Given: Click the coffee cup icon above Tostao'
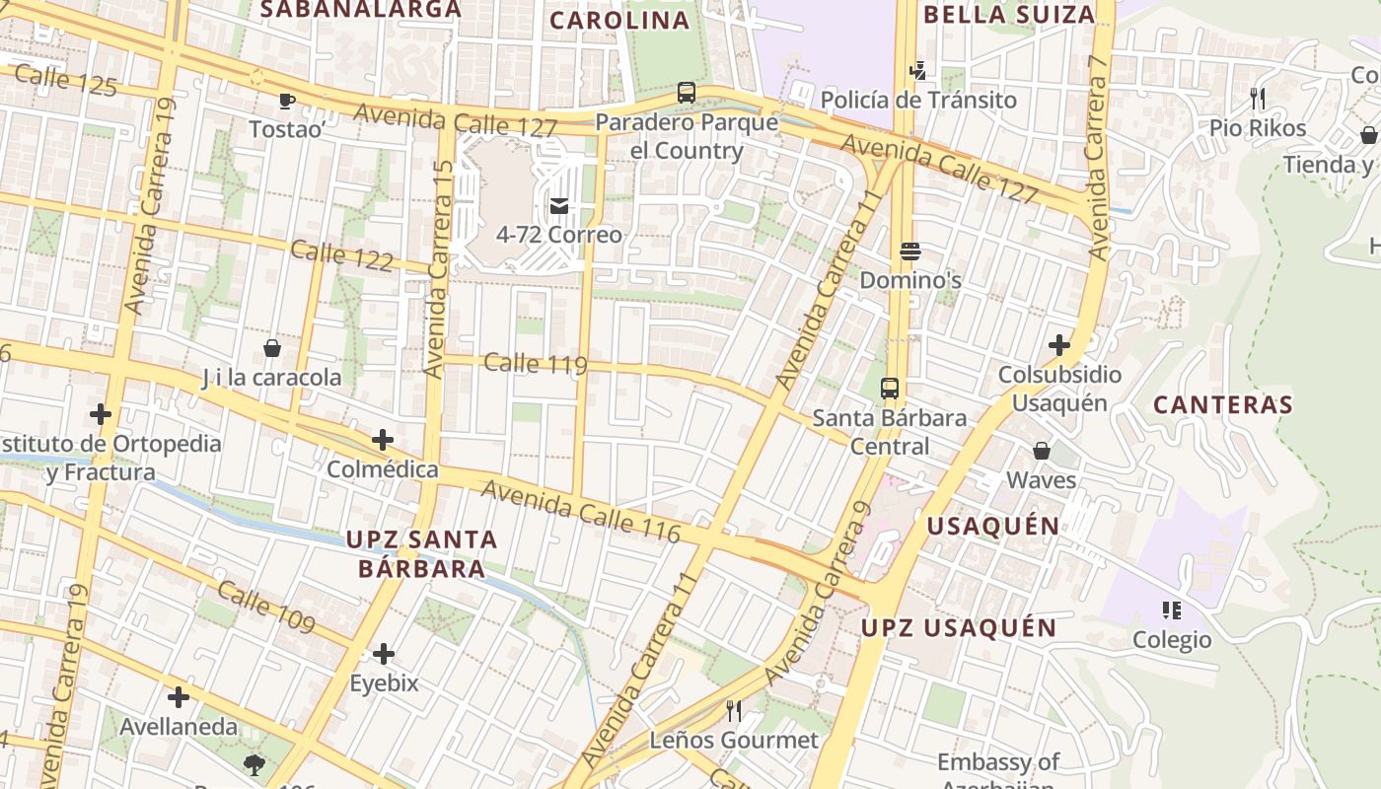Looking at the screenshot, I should (x=286, y=101).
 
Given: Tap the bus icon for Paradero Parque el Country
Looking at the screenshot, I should (x=687, y=94).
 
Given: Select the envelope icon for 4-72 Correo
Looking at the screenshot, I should (x=559, y=206).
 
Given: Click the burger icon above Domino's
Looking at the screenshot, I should (x=909, y=251).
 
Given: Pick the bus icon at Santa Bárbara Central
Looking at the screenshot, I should (x=890, y=389).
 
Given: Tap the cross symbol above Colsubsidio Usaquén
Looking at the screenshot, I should (x=1059, y=345).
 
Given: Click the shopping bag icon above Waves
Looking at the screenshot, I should (x=1041, y=452).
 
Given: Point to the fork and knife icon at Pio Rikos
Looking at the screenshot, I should (x=1258, y=99).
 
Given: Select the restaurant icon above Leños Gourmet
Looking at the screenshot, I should (x=734, y=710).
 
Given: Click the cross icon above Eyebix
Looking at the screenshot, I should (x=384, y=654).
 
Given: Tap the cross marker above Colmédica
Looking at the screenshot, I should (x=383, y=440).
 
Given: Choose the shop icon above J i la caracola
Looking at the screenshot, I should (x=271, y=348).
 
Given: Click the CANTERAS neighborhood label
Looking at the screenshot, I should (x=1222, y=405).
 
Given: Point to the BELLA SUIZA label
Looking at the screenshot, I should (x=1009, y=15).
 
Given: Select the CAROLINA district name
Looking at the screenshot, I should (x=619, y=21).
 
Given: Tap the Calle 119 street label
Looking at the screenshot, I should (x=536, y=364).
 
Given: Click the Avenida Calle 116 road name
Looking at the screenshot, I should (x=580, y=510).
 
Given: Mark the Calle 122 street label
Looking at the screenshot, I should (x=341, y=255).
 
